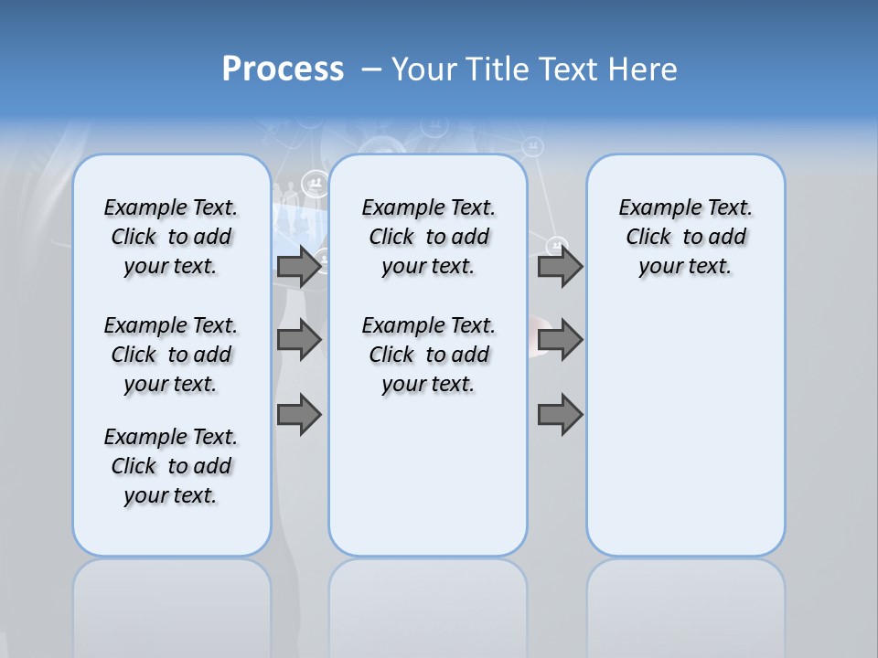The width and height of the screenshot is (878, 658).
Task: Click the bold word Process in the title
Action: (x=283, y=69)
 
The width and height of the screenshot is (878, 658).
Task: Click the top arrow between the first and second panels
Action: (x=299, y=266)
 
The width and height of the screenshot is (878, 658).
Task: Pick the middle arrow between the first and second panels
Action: (x=299, y=340)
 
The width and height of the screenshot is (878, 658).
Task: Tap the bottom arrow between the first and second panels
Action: (x=299, y=415)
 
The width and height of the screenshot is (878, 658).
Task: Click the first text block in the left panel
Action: (x=171, y=237)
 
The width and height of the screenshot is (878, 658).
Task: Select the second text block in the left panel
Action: (x=171, y=355)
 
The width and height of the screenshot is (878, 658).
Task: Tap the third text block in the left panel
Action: (x=171, y=466)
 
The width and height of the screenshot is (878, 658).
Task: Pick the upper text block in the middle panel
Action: (x=428, y=237)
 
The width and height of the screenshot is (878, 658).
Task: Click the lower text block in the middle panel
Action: (x=428, y=355)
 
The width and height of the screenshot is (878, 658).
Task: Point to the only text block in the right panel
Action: (x=685, y=237)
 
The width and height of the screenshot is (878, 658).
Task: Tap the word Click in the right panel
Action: (x=648, y=238)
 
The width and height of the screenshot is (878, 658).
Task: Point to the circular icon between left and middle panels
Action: (x=316, y=184)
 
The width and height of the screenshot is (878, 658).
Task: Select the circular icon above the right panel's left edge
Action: (x=532, y=146)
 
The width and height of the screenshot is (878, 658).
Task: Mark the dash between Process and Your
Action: (x=371, y=69)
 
